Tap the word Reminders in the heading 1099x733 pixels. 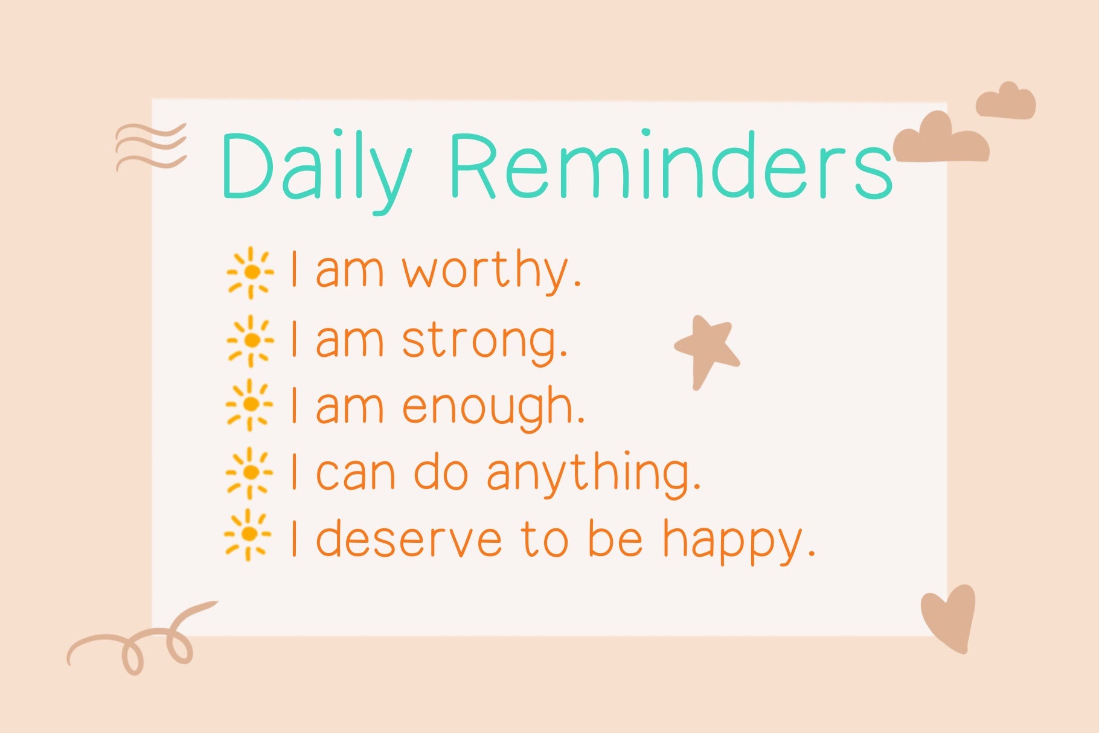click(x=671, y=164)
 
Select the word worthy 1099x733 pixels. click(x=492, y=271)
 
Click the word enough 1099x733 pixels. click(x=493, y=408)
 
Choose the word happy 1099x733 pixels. click(x=740, y=541)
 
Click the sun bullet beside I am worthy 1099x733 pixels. click(x=251, y=273)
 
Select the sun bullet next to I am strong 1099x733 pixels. click(x=251, y=341)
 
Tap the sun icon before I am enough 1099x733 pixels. click(x=249, y=405)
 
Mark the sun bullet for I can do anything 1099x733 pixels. click(x=249, y=473)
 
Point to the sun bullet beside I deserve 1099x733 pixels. click(x=248, y=535)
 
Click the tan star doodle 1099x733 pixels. click(x=706, y=350)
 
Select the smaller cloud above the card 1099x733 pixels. click(x=1006, y=101)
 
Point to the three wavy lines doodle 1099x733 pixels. click(x=151, y=147)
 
